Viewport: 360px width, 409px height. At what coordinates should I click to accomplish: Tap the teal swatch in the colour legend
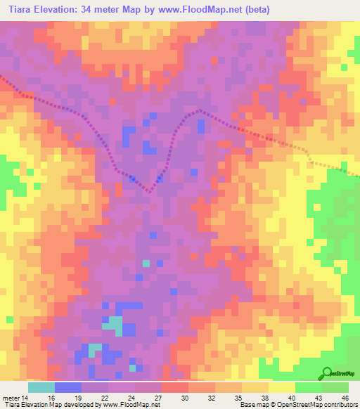(41, 387)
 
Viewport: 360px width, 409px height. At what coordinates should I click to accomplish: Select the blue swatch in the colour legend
(68, 387)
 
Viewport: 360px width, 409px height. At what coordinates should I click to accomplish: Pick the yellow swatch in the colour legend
(282, 387)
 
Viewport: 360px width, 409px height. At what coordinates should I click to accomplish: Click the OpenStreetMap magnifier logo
(326, 373)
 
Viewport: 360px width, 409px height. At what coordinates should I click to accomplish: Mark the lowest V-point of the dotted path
(149, 190)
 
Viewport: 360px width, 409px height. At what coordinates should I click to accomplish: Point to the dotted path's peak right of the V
(200, 110)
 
